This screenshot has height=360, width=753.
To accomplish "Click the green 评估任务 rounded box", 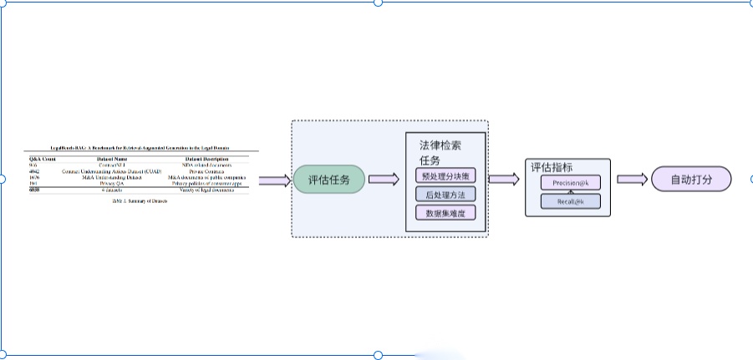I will (329, 180).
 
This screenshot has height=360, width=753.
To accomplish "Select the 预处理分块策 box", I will (445, 176).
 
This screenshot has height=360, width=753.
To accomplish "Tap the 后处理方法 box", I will (445, 195).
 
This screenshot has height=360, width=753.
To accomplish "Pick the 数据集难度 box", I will (445, 213).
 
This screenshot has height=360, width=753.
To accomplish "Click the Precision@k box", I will (571, 183).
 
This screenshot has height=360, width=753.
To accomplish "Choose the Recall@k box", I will (571, 202).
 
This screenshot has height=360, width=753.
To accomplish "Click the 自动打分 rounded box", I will (689, 180).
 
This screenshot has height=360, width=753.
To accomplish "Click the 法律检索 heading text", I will (440, 145).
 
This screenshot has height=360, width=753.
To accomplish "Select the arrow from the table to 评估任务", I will (274, 180).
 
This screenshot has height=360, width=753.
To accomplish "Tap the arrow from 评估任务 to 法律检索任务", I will (383, 180).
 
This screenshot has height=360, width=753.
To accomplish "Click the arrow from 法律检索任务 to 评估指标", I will (503, 180).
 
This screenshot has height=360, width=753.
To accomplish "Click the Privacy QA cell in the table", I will (111, 183).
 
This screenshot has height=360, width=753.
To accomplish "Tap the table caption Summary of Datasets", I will (139, 201).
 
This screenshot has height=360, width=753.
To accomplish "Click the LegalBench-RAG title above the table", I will (139, 147).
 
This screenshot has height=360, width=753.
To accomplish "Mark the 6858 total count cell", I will (34, 190).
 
